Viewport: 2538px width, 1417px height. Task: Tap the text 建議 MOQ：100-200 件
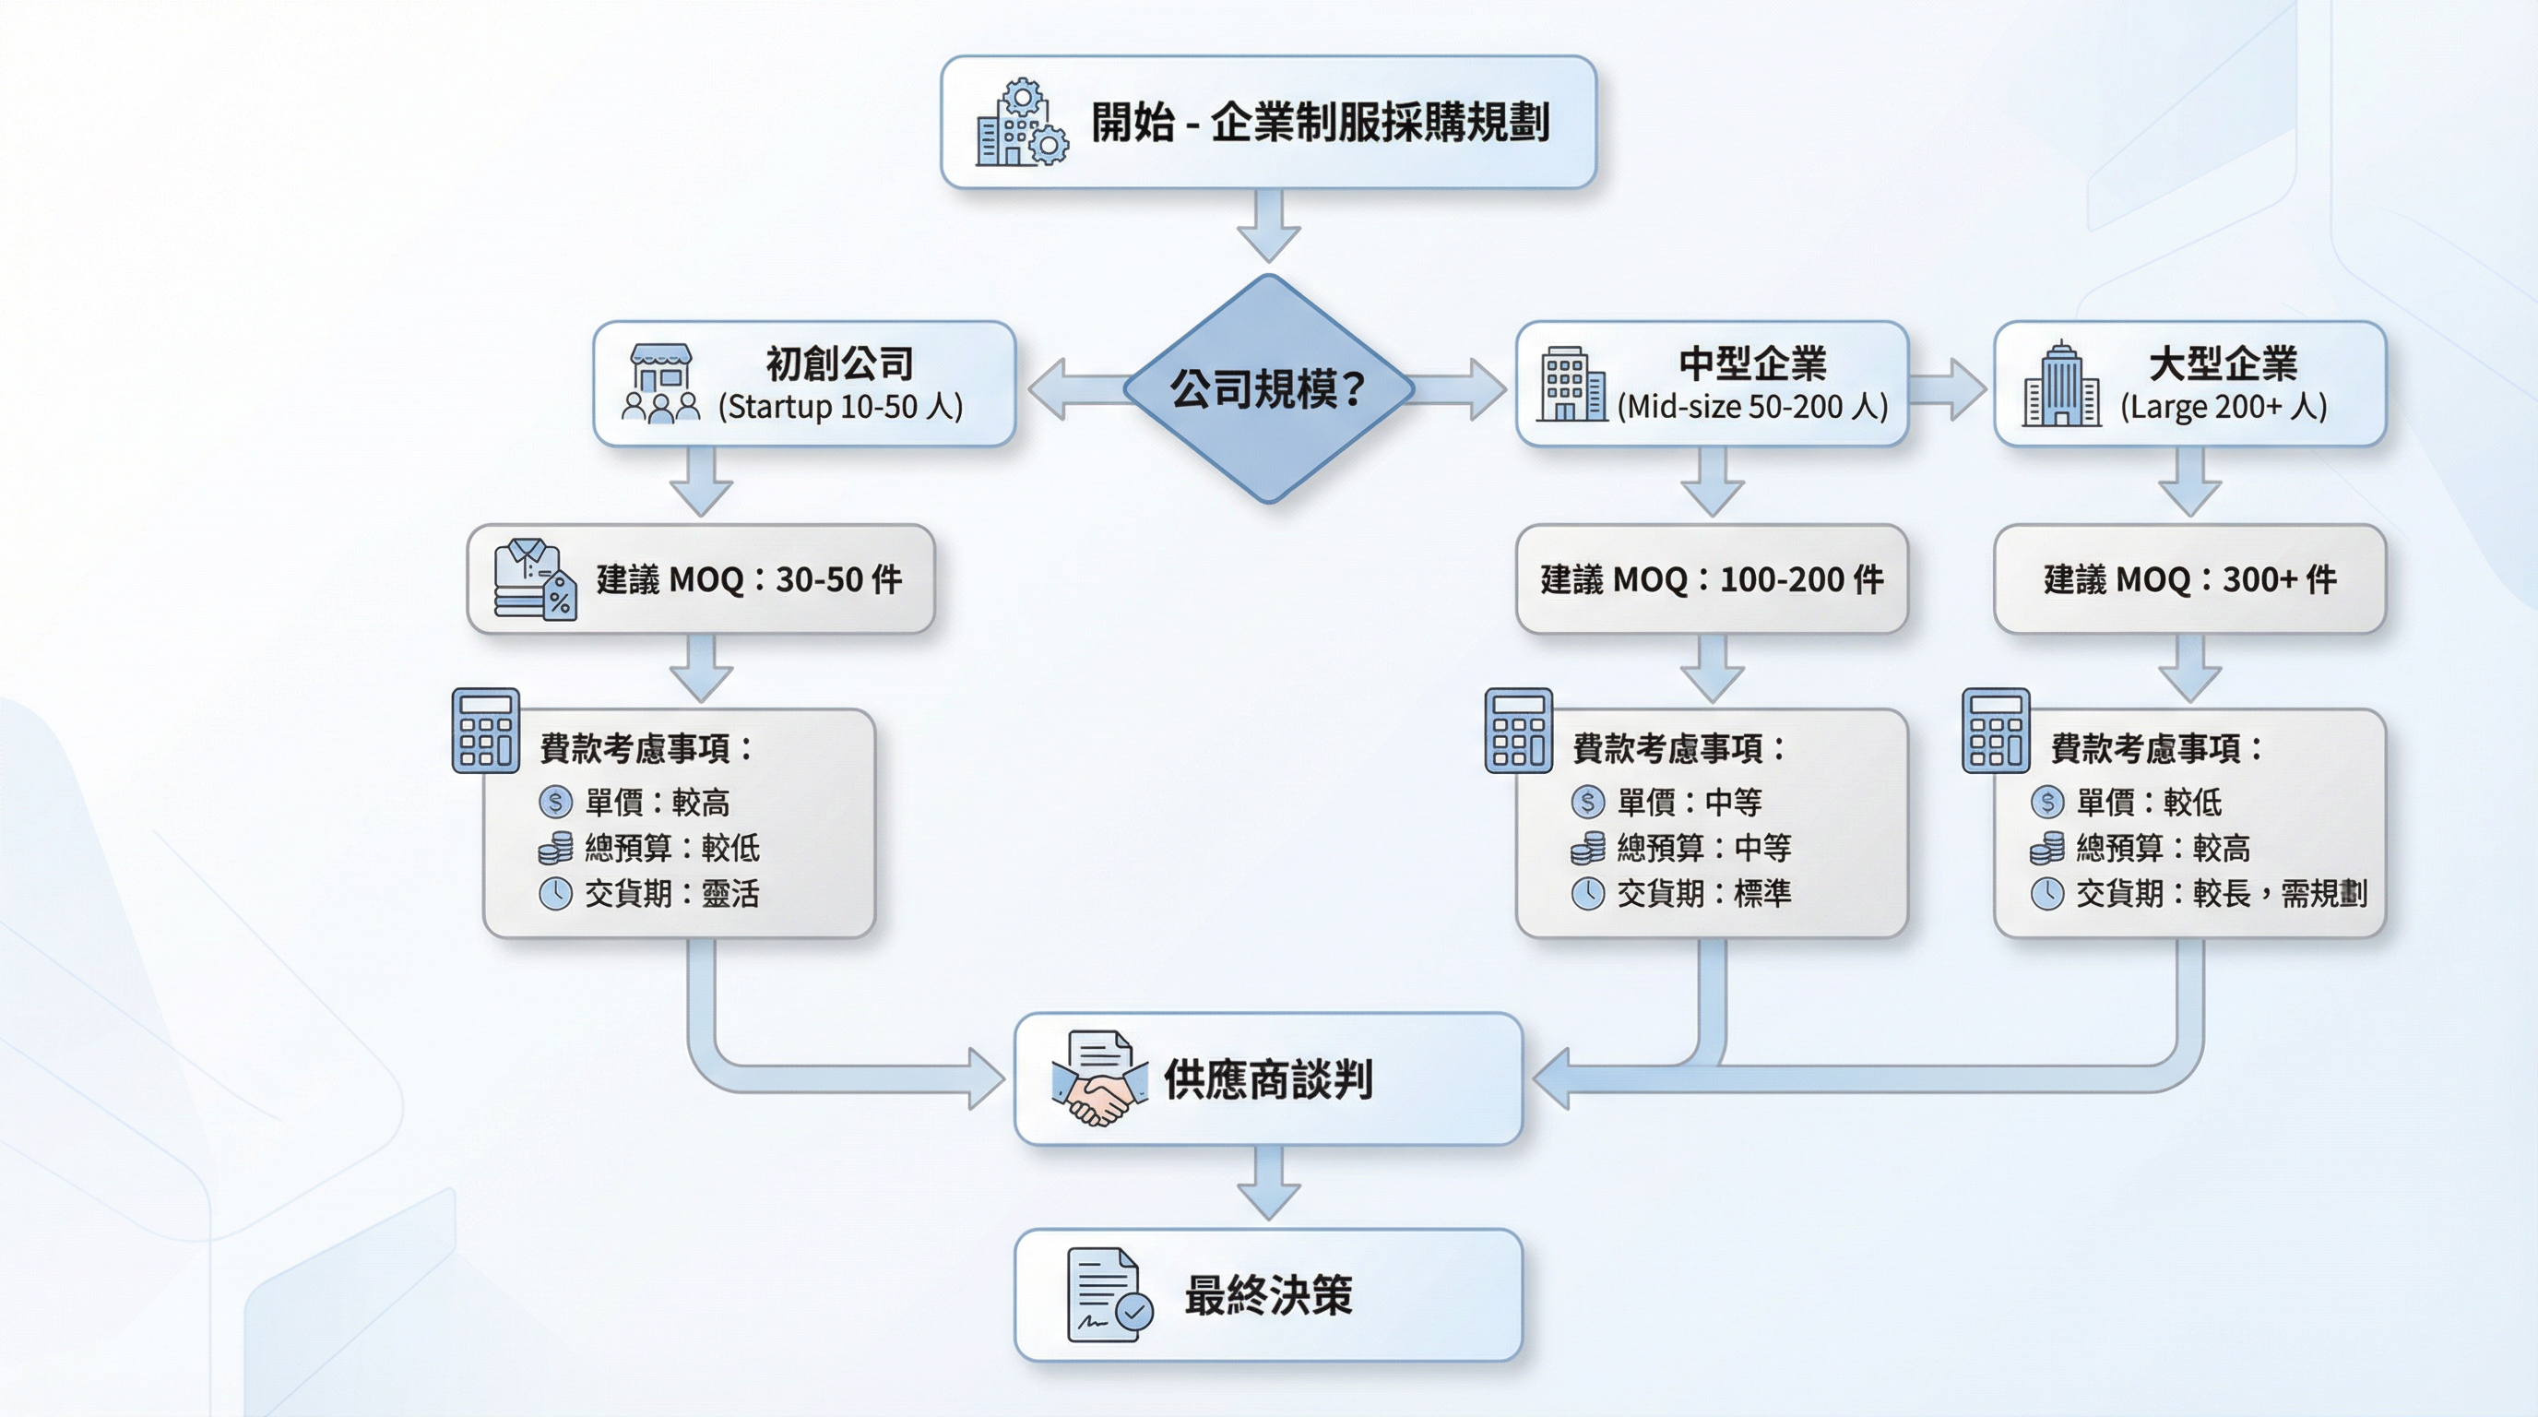tap(1712, 579)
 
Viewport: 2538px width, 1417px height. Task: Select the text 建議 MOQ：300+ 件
tap(2189, 579)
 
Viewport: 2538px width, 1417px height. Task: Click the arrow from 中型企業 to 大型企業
tap(1950, 388)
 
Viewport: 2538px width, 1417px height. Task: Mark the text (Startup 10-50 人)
tap(840, 407)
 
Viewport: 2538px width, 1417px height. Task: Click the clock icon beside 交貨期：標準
tap(1587, 894)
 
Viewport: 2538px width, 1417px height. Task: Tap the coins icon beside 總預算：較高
tap(2046, 848)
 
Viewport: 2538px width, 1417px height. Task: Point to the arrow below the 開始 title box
tap(1268, 226)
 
